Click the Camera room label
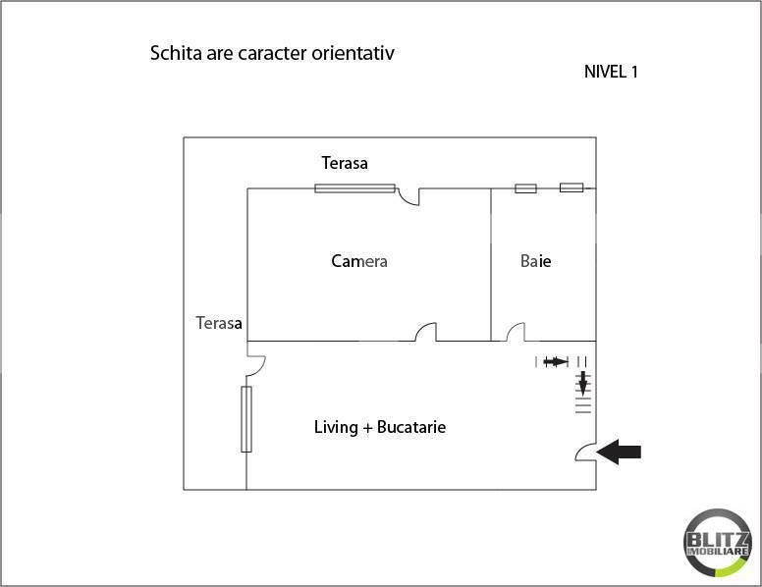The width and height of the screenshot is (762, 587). pyautogui.click(x=359, y=261)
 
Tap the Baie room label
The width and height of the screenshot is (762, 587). pyautogui.click(x=535, y=261)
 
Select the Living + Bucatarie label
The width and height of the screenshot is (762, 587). pyautogui.click(x=380, y=427)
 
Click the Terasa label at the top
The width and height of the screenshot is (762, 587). pyautogui.click(x=345, y=163)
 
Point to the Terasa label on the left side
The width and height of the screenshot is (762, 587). pyautogui.click(x=219, y=322)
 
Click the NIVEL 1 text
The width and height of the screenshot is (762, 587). pyautogui.click(x=611, y=72)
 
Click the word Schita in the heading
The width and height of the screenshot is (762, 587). pyautogui.click(x=172, y=53)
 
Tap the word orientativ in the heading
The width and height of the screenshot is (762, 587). pyautogui.click(x=354, y=53)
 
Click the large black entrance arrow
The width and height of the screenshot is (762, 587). pyautogui.click(x=620, y=452)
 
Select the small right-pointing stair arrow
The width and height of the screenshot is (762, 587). pyautogui.click(x=555, y=361)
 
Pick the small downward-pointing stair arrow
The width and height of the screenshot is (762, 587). pyautogui.click(x=582, y=381)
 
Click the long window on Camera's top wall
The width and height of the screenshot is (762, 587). pyautogui.click(x=354, y=187)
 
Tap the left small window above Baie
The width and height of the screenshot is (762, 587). pyautogui.click(x=525, y=187)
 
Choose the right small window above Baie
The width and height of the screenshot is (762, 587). pyautogui.click(x=571, y=187)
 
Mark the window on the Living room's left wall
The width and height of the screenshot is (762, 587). pyautogui.click(x=246, y=419)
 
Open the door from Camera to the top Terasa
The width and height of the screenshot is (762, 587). pyautogui.click(x=409, y=196)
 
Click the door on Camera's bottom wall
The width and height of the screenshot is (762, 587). pyautogui.click(x=425, y=333)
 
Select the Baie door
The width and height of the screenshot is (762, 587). pyautogui.click(x=515, y=333)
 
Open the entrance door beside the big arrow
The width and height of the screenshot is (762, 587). pyautogui.click(x=585, y=452)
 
